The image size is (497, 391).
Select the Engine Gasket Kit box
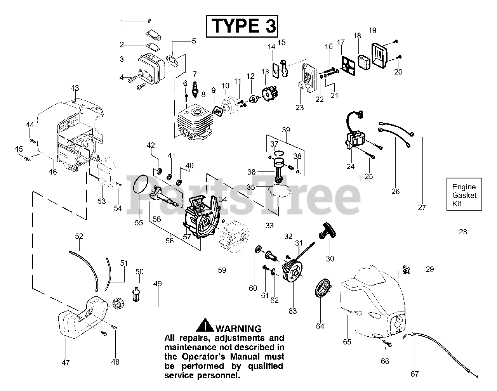pyautogui.click(x=464, y=194)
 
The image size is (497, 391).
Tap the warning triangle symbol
pyautogui.click(x=204, y=325)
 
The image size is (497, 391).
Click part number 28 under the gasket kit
pyautogui.click(x=463, y=232)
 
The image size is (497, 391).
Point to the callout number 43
pyautogui.click(x=75, y=88)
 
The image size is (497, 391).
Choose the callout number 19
pyautogui.click(x=372, y=30)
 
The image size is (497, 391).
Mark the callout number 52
pyautogui.click(x=79, y=236)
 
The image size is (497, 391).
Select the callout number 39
pyautogui.click(x=286, y=129)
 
